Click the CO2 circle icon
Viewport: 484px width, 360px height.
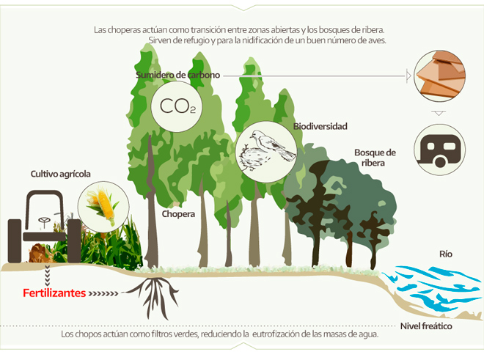pos(177,106)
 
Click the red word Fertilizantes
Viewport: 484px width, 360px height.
pos(54,293)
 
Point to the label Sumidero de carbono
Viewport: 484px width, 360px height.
pos(177,75)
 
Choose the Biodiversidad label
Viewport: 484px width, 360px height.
pos(320,126)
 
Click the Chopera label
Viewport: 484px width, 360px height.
pos(178,214)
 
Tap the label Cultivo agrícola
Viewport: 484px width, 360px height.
pos(60,174)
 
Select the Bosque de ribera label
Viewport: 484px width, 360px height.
pos(375,158)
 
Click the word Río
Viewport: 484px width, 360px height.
pos(446,254)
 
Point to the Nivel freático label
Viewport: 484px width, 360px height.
pos(426,326)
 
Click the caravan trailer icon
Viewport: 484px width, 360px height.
pos(439,150)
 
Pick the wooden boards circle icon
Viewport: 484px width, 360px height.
pos(439,76)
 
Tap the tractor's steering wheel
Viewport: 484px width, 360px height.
pos(45,221)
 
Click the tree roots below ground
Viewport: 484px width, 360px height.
pos(153,295)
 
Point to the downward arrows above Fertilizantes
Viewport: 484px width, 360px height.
pos(47,276)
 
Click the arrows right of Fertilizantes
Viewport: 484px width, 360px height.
pos(103,293)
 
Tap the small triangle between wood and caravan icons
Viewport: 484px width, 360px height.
pos(439,113)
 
